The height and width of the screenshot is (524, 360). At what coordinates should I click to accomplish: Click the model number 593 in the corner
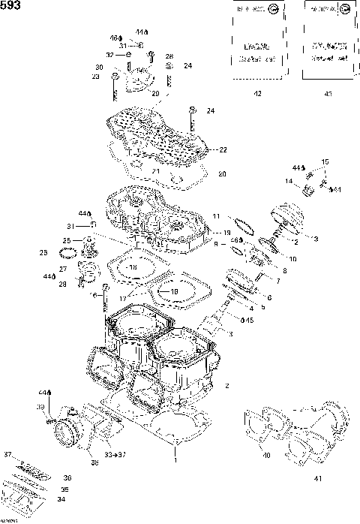(x=10, y=5)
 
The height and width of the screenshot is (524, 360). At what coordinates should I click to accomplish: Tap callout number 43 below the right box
(x=328, y=93)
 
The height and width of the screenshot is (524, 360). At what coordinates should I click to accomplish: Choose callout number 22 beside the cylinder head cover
(x=222, y=150)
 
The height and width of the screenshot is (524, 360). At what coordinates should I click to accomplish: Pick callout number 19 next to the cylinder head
(x=226, y=233)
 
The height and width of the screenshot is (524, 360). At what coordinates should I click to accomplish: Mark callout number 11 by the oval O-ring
(x=216, y=216)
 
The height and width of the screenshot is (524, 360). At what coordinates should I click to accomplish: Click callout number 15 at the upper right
(x=325, y=162)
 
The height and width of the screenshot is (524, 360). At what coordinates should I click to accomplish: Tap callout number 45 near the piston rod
(x=249, y=321)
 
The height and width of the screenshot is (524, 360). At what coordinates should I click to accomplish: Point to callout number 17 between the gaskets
(x=124, y=299)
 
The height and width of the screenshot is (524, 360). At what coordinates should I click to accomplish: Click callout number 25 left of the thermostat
(x=67, y=240)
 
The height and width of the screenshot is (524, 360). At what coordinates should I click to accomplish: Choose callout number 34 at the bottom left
(x=61, y=499)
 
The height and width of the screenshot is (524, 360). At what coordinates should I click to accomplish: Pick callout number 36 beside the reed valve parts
(x=67, y=477)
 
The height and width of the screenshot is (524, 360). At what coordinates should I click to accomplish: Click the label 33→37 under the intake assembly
(x=113, y=455)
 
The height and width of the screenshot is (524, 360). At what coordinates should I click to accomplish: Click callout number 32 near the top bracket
(x=109, y=55)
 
